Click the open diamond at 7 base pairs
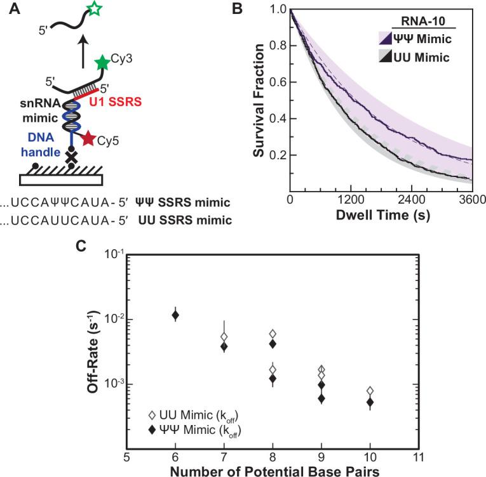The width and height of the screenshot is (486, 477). [x=224, y=337]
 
